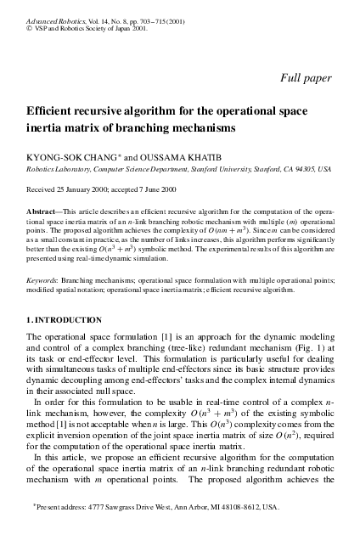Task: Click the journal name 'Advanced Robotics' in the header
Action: coord(52,7)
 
